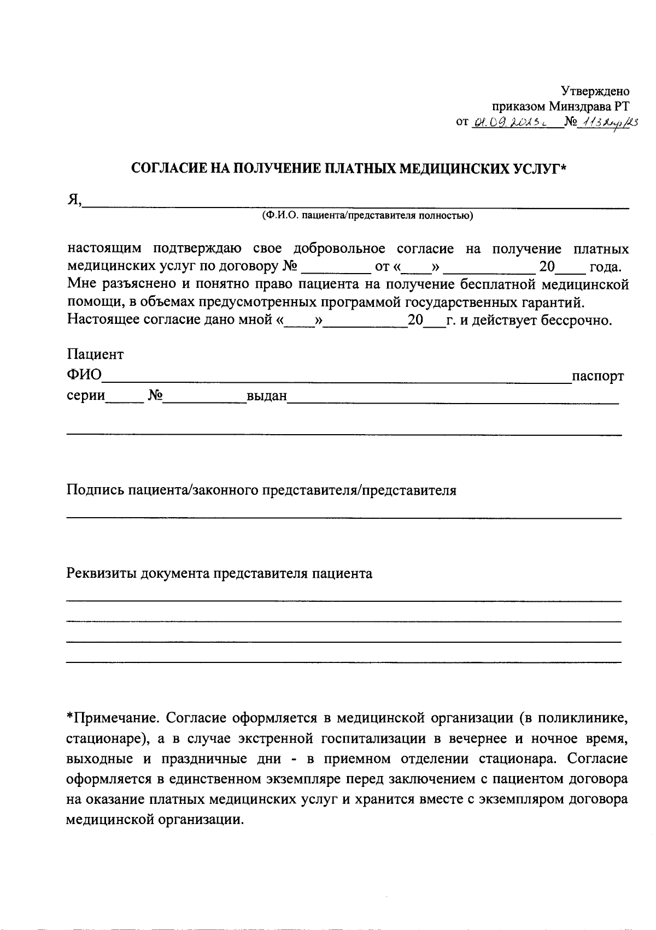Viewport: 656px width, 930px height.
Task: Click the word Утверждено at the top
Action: click(x=595, y=91)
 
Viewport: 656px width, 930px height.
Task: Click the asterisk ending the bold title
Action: click(x=565, y=167)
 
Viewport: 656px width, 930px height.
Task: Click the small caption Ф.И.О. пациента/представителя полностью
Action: click(x=367, y=216)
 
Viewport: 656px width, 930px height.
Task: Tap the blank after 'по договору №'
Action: click(x=335, y=268)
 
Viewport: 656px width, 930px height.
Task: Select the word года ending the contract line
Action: click(x=605, y=268)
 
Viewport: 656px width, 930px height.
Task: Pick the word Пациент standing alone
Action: click(x=95, y=355)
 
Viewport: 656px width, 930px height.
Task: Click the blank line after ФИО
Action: click(x=336, y=377)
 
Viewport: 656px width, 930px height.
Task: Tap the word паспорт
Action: click(x=598, y=377)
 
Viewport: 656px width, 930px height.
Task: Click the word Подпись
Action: click(x=95, y=490)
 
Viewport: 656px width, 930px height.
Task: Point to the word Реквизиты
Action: click(x=102, y=574)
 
